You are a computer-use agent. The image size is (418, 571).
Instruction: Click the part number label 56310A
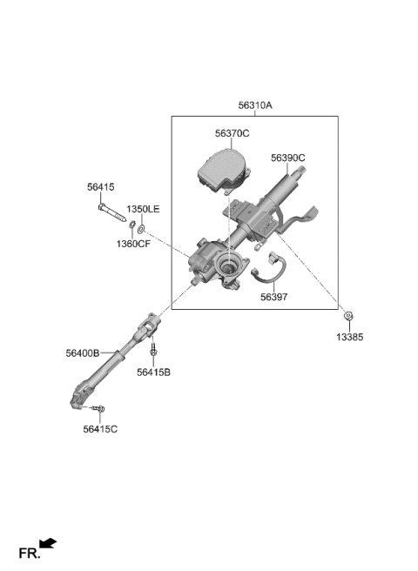255,105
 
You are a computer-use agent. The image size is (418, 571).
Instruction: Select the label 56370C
233,134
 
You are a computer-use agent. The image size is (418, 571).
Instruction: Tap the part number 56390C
288,158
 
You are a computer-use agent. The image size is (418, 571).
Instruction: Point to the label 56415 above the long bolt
101,187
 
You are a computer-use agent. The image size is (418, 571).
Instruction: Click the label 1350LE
143,210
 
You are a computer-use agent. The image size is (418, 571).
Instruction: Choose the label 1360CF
133,244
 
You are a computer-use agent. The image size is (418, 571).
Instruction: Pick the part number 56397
273,297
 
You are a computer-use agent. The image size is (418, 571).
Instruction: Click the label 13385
350,337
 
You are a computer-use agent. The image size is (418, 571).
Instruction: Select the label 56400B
83,353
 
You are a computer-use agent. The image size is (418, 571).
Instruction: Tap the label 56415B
154,373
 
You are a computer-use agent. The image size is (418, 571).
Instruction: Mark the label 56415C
100,429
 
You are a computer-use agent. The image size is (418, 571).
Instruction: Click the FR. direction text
30,554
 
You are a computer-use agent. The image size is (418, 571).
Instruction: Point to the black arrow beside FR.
48,543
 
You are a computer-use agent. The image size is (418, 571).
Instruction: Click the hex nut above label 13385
348,316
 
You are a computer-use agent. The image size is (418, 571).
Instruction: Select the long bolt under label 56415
111,212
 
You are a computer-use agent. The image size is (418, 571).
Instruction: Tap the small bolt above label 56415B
153,348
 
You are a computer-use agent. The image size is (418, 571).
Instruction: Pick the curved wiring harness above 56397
268,269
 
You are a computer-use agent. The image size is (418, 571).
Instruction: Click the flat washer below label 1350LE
141,230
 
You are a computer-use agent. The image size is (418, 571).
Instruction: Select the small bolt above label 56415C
98,409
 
